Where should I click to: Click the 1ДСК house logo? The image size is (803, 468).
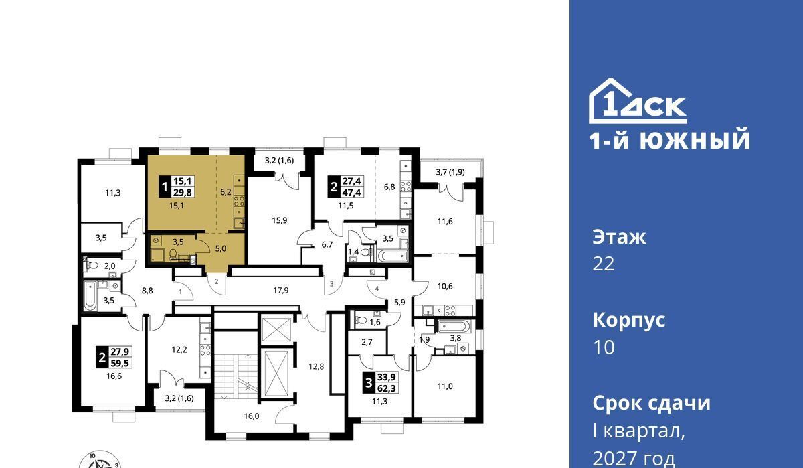point(638,101)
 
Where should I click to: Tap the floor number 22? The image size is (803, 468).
point(604,264)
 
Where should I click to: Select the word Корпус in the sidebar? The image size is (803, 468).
point(629,320)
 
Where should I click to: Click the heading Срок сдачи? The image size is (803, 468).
point(651,403)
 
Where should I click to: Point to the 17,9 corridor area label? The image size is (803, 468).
point(280,290)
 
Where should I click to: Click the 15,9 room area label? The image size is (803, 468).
point(279,220)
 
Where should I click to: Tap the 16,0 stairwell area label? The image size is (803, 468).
point(252,416)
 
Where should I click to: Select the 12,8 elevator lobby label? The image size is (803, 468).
point(316,366)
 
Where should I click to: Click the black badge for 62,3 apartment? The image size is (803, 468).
point(368,384)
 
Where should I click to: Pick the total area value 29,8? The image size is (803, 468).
point(183,192)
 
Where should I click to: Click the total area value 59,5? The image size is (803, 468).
point(120,363)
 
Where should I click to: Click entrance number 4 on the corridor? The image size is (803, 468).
point(377,289)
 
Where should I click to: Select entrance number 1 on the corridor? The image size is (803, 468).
point(180,292)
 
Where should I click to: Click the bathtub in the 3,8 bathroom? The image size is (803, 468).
point(452,326)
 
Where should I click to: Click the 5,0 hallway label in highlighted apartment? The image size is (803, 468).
point(220,248)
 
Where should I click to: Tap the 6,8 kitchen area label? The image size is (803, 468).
point(389,187)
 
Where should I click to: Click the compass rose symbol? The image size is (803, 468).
point(99,461)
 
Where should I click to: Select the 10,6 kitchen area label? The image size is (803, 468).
point(445,286)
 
